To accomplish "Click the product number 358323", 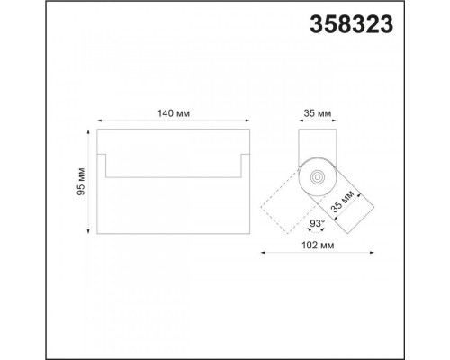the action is tap(351, 24).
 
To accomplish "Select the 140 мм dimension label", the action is tap(174, 113).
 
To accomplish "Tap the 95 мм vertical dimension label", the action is tap(81, 182).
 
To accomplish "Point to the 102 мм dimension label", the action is tap(318, 246).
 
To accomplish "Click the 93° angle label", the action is tap(318, 223).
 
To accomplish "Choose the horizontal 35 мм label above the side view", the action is tap(318, 113).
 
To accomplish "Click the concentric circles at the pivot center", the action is tap(318, 177).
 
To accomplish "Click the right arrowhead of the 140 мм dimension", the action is tap(247, 121).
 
